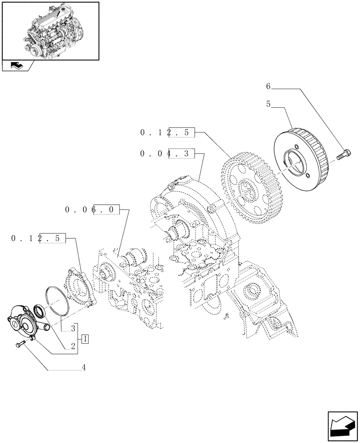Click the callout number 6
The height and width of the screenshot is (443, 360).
(268, 87)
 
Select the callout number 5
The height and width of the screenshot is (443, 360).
(268, 105)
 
